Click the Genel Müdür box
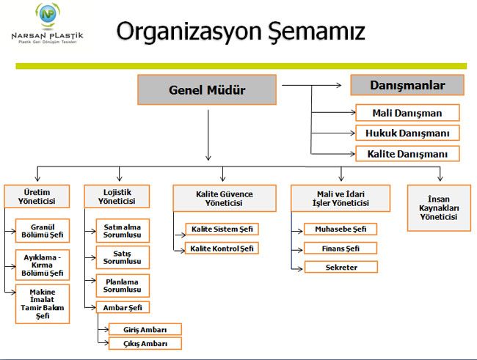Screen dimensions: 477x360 207,89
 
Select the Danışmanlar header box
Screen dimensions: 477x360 407,85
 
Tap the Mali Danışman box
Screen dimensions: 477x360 407,113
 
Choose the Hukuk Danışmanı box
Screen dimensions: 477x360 407,133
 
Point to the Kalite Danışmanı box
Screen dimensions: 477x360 407,154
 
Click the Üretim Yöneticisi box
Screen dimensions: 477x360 37,196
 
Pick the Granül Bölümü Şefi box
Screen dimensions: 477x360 43,231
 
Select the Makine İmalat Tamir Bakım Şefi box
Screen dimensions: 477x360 43,304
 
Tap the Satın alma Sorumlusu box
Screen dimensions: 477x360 123,231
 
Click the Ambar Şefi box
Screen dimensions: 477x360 123,307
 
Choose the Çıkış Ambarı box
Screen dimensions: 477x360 145,344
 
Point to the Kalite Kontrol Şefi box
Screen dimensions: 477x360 222,248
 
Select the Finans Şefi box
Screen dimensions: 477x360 341,248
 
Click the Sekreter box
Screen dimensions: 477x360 341,268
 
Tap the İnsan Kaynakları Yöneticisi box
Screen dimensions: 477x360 439,208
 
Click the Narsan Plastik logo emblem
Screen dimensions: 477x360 48,14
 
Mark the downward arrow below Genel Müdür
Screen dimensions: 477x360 208,135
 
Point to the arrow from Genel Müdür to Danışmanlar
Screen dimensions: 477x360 311,86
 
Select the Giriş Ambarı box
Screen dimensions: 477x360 145,329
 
